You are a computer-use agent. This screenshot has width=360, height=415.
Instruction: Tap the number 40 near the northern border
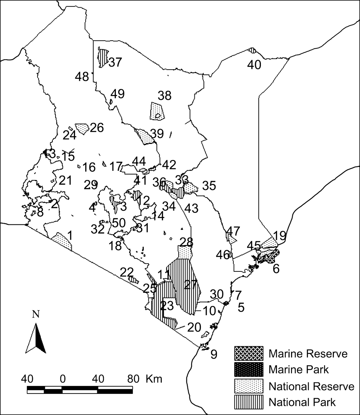(254, 65)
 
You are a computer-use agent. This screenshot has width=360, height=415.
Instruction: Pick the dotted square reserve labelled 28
(185, 252)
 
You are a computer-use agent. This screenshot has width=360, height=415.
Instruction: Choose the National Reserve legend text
(312, 386)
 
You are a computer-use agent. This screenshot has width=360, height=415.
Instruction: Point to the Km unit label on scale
(154, 379)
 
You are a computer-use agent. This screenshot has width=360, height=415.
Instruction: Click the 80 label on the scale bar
(133, 379)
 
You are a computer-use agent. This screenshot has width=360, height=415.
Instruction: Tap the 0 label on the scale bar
(62, 379)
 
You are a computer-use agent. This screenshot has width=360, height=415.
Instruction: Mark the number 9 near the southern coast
(213, 354)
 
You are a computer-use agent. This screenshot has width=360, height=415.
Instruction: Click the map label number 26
(97, 127)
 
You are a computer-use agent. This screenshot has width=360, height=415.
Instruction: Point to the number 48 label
(81, 77)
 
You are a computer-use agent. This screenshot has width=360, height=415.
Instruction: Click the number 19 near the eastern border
(280, 235)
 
